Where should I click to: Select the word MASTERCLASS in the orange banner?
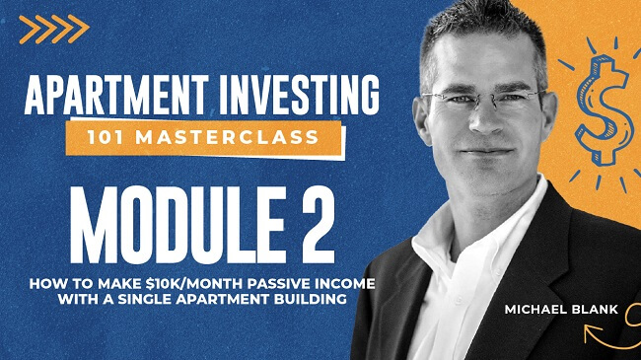click(243, 137)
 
